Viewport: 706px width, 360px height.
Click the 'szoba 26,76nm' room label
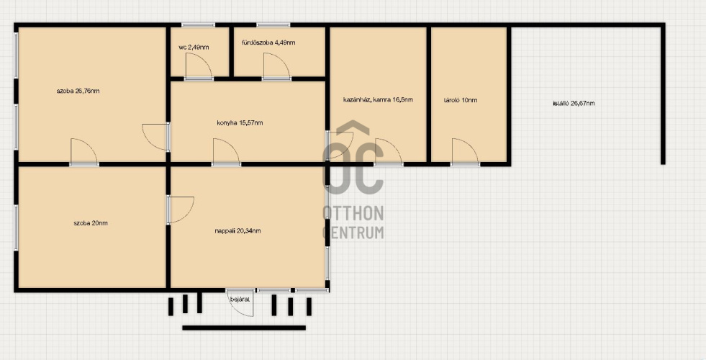(78, 91)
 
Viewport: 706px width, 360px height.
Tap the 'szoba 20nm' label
(91, 223)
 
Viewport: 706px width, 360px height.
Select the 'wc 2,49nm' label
(194, 48)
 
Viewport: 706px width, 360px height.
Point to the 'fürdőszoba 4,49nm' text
(268, 42)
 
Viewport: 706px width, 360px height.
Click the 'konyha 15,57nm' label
(240, 122)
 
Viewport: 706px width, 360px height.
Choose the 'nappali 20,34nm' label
(237, 231)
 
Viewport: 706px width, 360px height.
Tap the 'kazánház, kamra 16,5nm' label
(378, 99)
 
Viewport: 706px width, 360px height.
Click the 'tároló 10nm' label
(460, 100)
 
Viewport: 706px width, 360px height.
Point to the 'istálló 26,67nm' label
(574, 103)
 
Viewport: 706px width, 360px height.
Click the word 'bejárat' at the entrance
(240, 300)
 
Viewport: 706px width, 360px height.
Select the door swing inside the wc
(199, 66)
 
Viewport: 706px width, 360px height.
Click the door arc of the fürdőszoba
(276, 66)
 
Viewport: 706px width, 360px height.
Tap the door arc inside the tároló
(465, 152)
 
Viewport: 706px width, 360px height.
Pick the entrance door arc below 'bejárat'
(240, 303)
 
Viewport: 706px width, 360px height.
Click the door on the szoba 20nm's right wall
(181, 210)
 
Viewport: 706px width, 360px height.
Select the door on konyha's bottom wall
(226, 152)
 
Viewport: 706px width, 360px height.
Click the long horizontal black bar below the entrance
(244, 328)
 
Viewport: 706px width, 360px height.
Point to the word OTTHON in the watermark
(353, 214)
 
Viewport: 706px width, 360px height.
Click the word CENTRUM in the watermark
(353, 232)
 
